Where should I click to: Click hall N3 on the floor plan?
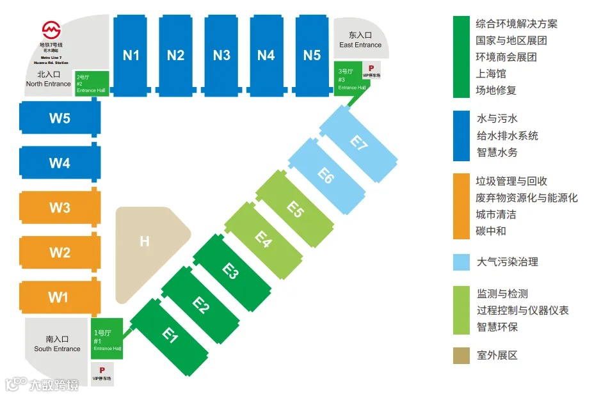[x=221, y=56]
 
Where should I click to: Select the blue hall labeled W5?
[x=60, y=118]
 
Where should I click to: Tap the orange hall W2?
[x=60, y=252]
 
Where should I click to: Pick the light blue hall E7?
[x=358, y=142]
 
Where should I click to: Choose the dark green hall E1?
[x=169, y=335]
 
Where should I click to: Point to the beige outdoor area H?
[x=145, y=242]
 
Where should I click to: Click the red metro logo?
[x=51, y=29]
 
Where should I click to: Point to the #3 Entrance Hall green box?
[x=349, y=80]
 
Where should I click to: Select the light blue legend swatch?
[x=461, y=262]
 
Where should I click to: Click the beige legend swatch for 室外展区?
[x=461, y=355]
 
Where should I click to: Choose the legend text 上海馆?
[x=491, y=74]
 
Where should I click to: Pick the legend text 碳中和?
[x=491, y=231]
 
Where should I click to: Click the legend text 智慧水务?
[x=497, y=152]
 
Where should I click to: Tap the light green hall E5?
[x=294, y=209]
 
